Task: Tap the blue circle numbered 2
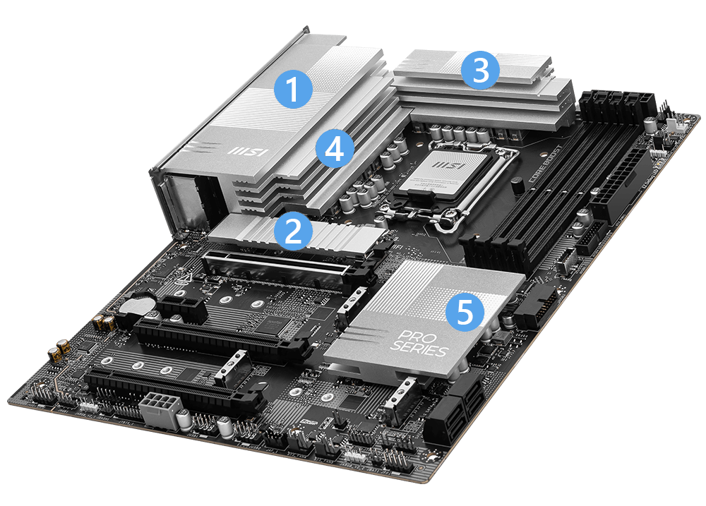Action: point(292,230)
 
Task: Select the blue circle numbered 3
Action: point(480,72)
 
